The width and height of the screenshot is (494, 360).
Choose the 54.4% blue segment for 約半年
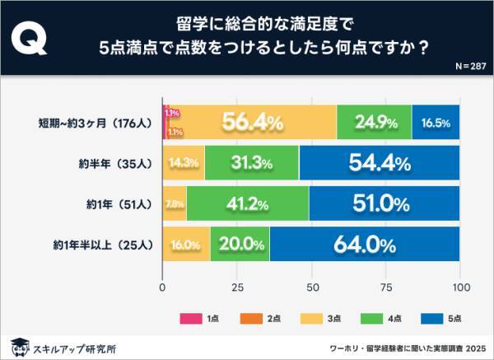(380, 163)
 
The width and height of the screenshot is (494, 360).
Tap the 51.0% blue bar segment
(384, 203)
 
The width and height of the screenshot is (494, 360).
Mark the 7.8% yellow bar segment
(175, 203)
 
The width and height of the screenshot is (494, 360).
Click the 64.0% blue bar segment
(365, 244)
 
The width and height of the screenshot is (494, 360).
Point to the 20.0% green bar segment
(240, 244)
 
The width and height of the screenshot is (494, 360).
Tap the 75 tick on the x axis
(386, 288)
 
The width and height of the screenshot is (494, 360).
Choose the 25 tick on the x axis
(238, 288)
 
